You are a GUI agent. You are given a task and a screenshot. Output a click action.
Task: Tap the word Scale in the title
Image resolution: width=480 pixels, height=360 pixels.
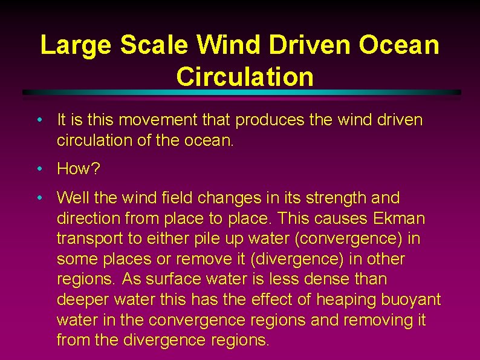tap(157, 46)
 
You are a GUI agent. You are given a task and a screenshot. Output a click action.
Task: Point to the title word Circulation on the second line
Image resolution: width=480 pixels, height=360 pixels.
tap(245, 77)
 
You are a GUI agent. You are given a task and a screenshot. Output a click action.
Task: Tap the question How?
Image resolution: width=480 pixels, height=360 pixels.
tap(79, 169)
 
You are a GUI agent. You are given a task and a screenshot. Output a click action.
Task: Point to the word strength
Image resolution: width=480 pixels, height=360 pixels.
tap(338, 198)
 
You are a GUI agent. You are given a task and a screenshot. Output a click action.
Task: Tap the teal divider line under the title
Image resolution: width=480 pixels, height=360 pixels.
tap(242, 92)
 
